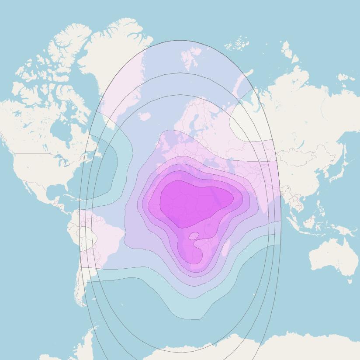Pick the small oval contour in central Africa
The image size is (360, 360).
(194, 236)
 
